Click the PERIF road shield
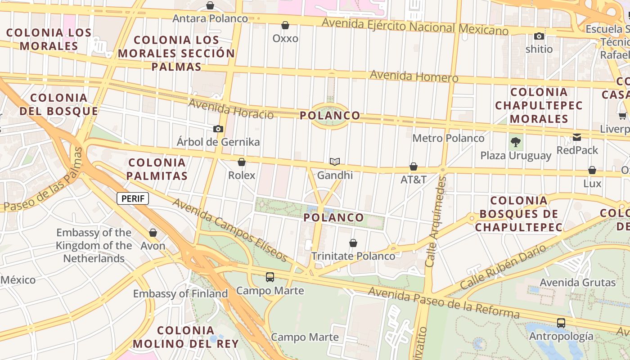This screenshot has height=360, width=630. (133, 198)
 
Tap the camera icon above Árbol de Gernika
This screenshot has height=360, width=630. (218, 129)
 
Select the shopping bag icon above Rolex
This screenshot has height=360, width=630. (242, 162)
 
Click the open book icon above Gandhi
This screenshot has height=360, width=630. (335, 162)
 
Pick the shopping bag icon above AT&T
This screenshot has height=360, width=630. (414, 167)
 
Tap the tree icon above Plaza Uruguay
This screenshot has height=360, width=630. (516, 143)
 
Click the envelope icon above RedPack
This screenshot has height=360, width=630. (577, 137)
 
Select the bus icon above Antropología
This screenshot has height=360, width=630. (561, 323)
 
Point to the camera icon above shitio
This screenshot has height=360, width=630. (539, 36)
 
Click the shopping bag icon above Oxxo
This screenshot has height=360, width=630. (285, 25)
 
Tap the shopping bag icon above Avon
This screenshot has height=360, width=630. (153, 233)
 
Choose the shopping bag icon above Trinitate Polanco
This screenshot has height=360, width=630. (353, 243)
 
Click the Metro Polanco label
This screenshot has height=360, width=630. (448, 138)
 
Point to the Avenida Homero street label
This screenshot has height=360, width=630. (414, 76)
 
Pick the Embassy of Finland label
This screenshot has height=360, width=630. (180, 294)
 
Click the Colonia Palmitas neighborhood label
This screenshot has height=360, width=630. (157, 169)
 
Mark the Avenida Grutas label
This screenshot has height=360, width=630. (578, 283)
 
